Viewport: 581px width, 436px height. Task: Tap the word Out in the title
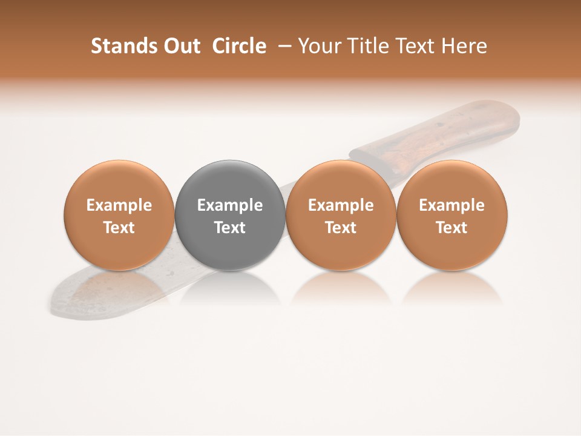180,46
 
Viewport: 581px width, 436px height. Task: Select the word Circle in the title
238,46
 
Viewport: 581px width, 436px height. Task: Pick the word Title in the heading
364,46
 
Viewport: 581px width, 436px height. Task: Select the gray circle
230,215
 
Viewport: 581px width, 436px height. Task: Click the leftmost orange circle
119,215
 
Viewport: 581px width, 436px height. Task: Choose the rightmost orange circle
452,215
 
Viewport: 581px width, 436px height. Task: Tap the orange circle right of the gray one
341,215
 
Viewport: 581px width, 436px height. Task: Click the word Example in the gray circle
230,205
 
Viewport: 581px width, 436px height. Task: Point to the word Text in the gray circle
230,228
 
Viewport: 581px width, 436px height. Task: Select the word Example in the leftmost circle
119,205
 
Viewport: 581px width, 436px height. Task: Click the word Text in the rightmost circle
452,228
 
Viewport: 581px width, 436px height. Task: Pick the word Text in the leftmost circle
119,228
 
